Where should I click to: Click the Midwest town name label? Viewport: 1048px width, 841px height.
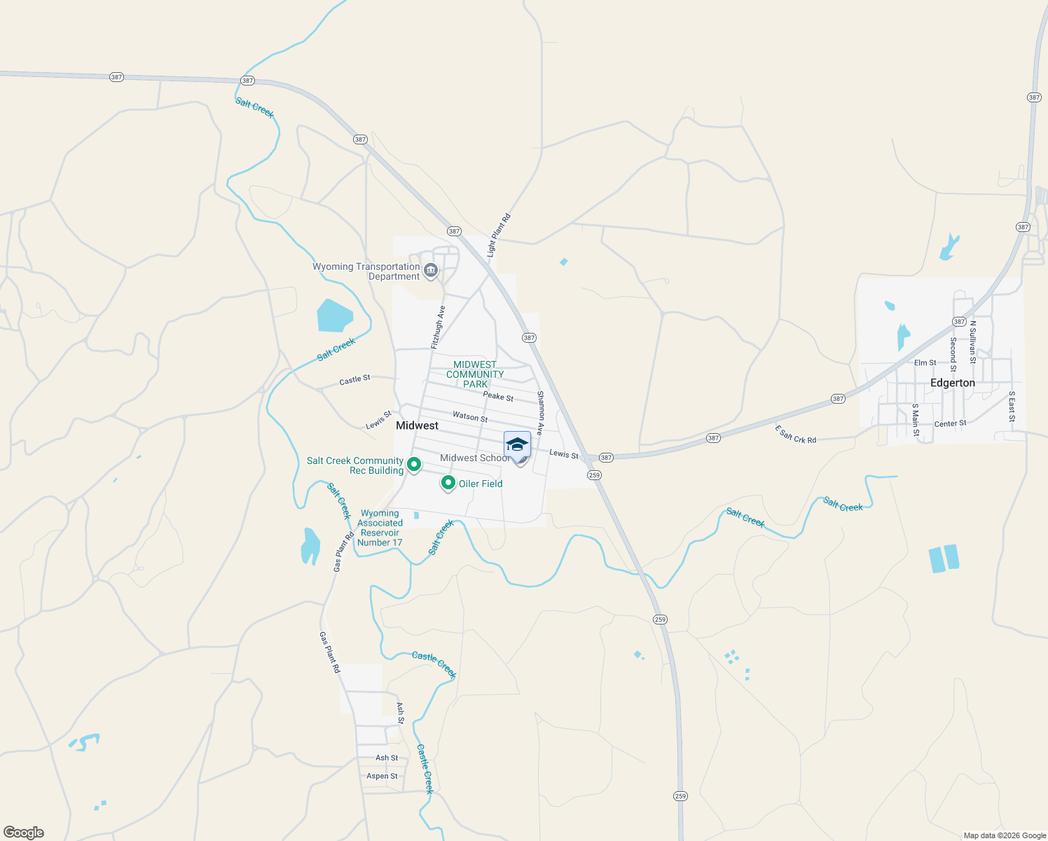[x=417, y=425]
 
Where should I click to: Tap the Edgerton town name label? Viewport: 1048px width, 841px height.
[x=952, y=383]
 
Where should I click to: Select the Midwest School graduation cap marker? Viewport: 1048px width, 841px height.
[x=517, y=446]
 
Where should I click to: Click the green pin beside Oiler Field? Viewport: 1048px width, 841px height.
[x=448, y=483]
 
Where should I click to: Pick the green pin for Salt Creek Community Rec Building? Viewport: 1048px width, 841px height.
[x=414, y=464]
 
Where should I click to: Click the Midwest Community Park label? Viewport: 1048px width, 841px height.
[x=475, y=374]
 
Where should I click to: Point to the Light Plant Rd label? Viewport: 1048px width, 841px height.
[x=499, y=235]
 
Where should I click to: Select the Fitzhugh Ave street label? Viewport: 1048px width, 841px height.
[x=438, y=327]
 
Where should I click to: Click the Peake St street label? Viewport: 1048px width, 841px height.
[x=498, y=396]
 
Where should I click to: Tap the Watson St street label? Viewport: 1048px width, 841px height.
[x=470, y=416]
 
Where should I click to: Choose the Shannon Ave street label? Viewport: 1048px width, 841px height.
[x=540, y=413]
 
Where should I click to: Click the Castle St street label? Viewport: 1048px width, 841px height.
[x=354, y=380]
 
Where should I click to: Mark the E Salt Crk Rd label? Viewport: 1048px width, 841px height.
[x=795, y=435]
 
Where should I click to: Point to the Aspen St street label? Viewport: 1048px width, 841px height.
[x=382, y=776]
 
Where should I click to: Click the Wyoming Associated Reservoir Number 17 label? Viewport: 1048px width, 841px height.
[x=380, y=528]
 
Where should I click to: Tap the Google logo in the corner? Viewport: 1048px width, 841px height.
[x=23, y=833]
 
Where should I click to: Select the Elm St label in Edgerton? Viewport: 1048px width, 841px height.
[x=925, y=362]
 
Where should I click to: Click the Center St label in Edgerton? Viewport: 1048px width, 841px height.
[x=950, y=423]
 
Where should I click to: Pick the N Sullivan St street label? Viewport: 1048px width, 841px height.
[x=972, y=342]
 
